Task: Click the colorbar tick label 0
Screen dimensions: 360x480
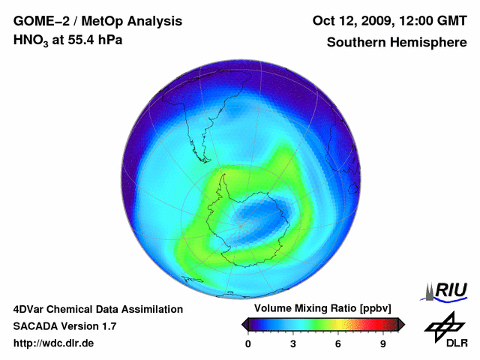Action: pyautogui.click(x=248, y=343)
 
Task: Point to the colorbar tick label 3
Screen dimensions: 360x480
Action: pyautogui.click(x=293, y=343)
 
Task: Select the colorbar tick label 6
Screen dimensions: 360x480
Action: pyautogui.click(x=338, y=343)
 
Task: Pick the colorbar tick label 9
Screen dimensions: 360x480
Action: pyautogui.click(x=382, y=343)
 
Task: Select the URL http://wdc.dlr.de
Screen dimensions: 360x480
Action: pyautogui.click(x=54, y=343)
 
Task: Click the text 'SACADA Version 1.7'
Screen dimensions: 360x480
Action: pyautogui.click(x=64, y=326)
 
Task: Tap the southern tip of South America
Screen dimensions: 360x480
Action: pyautogui.click(x=204, y=158)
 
